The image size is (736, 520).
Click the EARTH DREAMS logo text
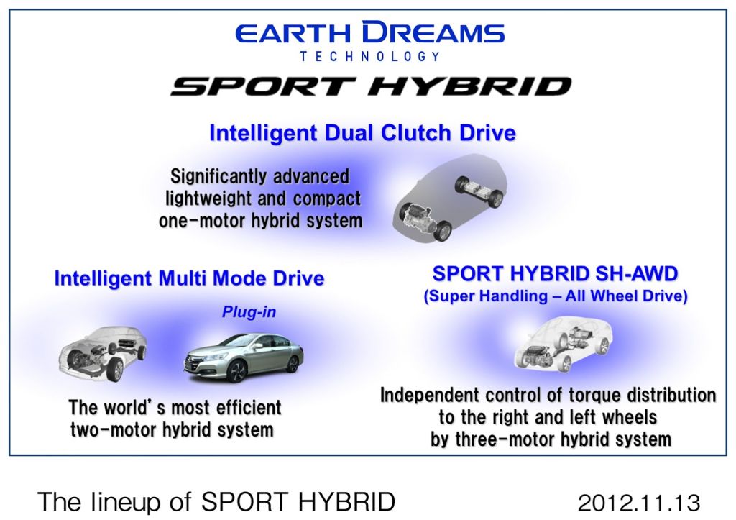(370, 32)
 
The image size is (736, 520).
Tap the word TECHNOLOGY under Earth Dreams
(370, 57)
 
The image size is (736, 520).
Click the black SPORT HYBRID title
(371, 86)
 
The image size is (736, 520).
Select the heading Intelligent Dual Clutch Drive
(362, 133)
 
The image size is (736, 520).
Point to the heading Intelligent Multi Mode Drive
(189, 278)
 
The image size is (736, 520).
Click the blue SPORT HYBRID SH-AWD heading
(556, 273)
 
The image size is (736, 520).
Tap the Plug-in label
(249, 312)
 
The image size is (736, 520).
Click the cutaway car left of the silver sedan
(102, 353)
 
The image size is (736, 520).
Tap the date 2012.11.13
(639, 503)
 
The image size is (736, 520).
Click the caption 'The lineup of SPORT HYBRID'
(216, 502)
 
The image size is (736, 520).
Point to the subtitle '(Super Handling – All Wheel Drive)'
(556, 296)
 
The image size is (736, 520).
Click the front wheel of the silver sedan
(236, 373)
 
